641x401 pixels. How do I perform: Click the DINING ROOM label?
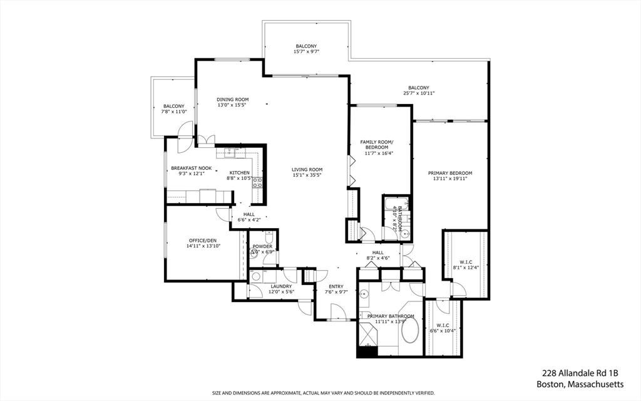coord(233,100)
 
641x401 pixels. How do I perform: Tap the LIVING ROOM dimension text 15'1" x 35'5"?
coord(307,175)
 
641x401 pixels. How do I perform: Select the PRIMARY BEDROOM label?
coord(450,173)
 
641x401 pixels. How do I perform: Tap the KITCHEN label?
coord(239,173)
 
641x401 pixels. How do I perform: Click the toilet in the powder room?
coord(268,238)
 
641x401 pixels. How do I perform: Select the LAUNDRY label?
coord(281,286)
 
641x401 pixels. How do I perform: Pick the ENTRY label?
coord(336,286)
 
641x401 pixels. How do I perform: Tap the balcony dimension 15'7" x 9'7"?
coord(306,51)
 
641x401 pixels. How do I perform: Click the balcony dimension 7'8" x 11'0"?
coord(174,112)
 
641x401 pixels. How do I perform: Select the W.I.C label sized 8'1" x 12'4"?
coord(465,262)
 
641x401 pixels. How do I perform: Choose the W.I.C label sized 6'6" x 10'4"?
coord(442,325)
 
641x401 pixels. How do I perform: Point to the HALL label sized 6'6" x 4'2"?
coord(249,214)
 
